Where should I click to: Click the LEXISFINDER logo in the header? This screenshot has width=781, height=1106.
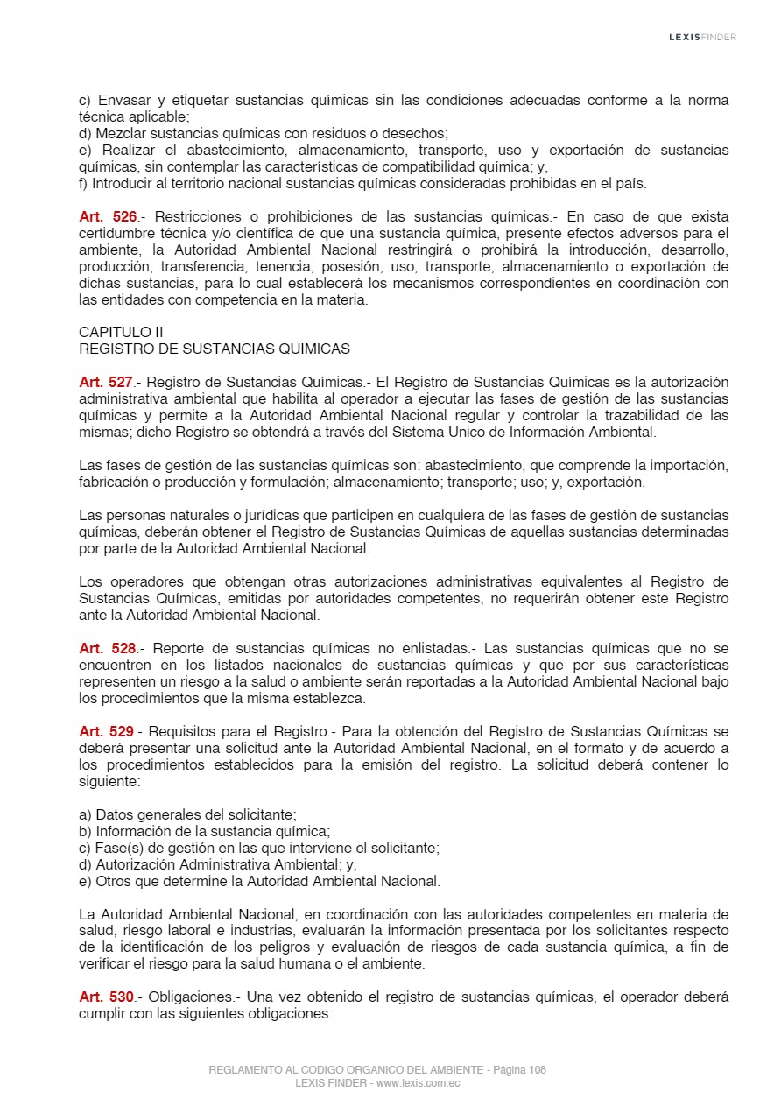[x=702, y=37]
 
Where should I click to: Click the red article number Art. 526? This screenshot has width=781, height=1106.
[x=107, y=216]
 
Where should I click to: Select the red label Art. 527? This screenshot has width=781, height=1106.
[x=107, y=382]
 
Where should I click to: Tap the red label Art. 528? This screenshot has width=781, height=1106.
[x=107, y=649]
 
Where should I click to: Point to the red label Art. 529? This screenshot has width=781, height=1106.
[x=107, y=731]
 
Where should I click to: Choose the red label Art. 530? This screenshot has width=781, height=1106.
[x=107, y=997]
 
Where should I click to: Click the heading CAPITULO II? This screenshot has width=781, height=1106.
[x=121, y=332]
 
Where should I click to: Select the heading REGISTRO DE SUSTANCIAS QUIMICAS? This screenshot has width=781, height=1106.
[x=215, y=349]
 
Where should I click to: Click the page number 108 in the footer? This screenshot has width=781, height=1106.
[x=538, y=1070]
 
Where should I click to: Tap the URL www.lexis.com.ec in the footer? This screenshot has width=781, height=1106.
[x=419, y=1083]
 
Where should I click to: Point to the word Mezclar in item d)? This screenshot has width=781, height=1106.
[x=121, y=134]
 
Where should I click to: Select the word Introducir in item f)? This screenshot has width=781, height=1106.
[x=122, y=184]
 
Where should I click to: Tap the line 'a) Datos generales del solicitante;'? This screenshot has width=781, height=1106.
[x=187, y=814]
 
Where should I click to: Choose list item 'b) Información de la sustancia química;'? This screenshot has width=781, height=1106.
[x=204, y=831]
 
